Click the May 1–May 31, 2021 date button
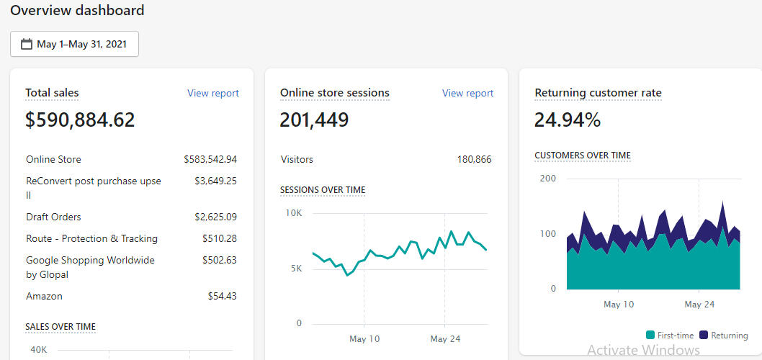point(74,44)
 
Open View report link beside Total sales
point(212,93)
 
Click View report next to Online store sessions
point(467,93)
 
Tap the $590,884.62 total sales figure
point(80,120)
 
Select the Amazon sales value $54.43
point(222,296)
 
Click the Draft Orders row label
point(53,217)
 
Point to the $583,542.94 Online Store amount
point(210,159)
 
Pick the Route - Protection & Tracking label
point(91,238)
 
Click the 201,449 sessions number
point(314,120)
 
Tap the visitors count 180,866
point(474,159)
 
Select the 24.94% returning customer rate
point(568,120)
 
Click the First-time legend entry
point(670,336)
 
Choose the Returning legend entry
point(724,336)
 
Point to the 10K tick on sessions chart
point(294,213)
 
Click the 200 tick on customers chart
point(547,179)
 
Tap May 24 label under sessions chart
point(445,338)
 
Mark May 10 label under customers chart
point(619,305)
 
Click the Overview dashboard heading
point(77,10)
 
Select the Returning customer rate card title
point(598,93)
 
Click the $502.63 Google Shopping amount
point(219,260)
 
